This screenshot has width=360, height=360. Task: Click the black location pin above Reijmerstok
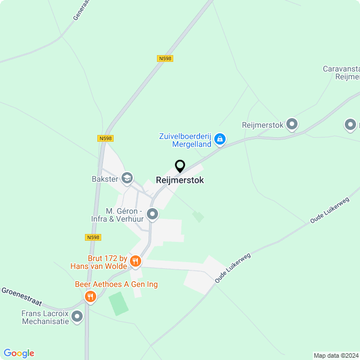click(x=180, y=166)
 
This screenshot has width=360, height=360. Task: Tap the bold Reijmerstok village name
click(x=180, y=181)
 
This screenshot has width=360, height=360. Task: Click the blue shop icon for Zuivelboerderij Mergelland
click(x=220, y=138)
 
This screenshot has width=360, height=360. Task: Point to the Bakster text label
click(x=105, y=179)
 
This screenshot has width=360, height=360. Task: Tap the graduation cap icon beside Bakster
click(x=127, y=179)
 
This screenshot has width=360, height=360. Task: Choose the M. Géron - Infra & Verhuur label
click(x=117, y=214)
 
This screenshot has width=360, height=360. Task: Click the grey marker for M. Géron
click(x=152, y=214)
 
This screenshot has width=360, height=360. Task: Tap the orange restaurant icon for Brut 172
click(x=135, y=262)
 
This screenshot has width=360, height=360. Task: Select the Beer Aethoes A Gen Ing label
click(x=116, y=285)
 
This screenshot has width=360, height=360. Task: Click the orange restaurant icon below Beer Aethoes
click(x=89, y=296)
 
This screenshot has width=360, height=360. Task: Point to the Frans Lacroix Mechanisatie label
click(x=45, y=317)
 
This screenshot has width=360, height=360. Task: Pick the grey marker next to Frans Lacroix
click(x=77, y=317)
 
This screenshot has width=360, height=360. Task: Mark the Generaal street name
click(x=82, y=10)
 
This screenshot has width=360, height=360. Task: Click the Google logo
click(x=19, y=353)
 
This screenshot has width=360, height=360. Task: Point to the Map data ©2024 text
click(x=335, y=355)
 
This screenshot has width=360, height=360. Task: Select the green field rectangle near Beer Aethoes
click(x=118, y=304)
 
